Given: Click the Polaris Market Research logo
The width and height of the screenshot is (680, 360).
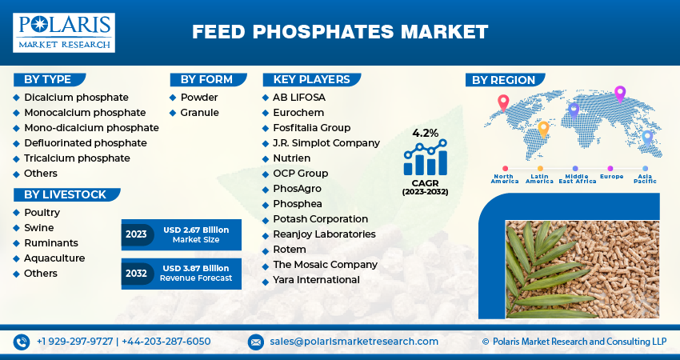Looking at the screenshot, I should tap(63, 32).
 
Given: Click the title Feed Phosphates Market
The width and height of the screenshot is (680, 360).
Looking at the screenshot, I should tap(339, 32).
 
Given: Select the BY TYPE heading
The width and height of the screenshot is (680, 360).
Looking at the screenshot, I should tap(48, 79).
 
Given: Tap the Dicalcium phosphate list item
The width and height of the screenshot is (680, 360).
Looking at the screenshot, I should tap(65, 97).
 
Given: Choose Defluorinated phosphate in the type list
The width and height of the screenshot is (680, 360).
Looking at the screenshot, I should tap(85, 142).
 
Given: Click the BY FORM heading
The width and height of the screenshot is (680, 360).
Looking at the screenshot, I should tap(206, 79).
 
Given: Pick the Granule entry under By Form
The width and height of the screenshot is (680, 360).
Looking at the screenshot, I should tap(199, 112).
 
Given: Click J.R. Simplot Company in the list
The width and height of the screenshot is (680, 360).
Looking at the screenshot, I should tap(326, 142).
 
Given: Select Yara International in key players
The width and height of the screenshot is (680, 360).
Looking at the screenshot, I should tap(316, 279).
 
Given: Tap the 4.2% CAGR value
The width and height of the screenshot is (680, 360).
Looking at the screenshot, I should tap(425, 133).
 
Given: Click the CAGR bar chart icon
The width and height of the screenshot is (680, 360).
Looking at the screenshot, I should tap(425, 158).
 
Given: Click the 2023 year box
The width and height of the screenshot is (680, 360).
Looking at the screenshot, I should tap(136, 234).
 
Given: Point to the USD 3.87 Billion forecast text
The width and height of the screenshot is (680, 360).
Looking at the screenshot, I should tap(196, 268).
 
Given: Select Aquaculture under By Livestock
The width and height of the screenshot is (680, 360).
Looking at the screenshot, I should tap(54, 258).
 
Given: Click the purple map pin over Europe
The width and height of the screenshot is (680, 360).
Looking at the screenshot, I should tap(619, 94).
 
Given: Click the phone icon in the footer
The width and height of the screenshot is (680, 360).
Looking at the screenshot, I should tap(22, 342).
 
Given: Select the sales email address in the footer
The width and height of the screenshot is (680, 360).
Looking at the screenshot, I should tap(353, 342).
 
